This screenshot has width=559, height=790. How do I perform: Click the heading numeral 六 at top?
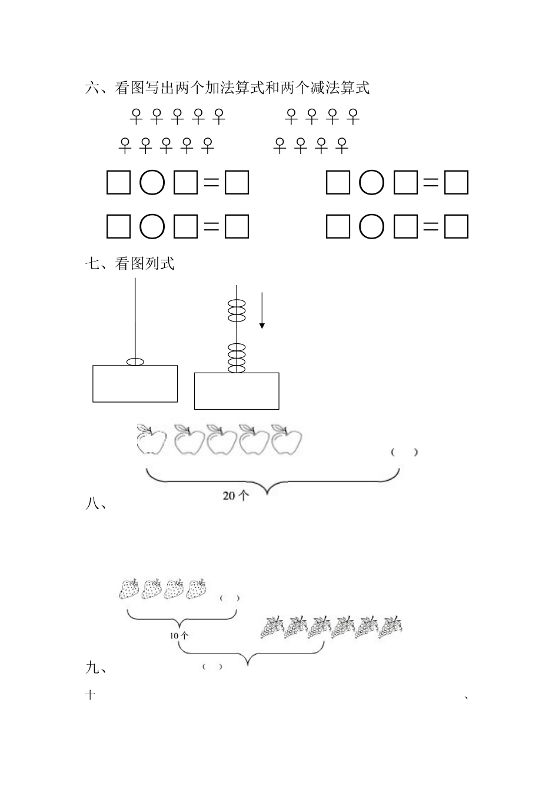pyautogui.click(x=92, y=88)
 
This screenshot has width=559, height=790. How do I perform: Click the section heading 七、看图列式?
pyautogui.click(x=130, y=263)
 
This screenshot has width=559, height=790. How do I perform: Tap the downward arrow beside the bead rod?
pyautogui.click(x=262, y=312)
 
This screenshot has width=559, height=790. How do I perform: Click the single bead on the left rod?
pyautogui.click(x=135, y=361)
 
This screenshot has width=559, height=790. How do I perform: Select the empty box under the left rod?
pyautogui.click(x=135, y=383)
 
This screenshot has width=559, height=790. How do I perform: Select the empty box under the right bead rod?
pyautogui.click(x=237, y=390)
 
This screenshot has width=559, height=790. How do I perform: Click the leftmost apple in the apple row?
pyautogui.click(x=151, y=439)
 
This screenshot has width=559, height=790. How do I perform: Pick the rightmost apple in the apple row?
pyautogui.click(x=287, y=439)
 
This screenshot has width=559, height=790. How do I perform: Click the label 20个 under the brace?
pyautogui.click(x=236, y=496)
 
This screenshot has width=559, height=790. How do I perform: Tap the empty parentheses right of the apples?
pyautogui.click(x=404, y=452)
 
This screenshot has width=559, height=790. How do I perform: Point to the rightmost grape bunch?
pyautogui.click(x=391, y=627)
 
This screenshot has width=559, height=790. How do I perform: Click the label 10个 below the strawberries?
pyautogui.click(x=179, y=635)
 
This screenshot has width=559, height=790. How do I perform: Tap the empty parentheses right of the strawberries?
pyautogui.click(x=229, y=598)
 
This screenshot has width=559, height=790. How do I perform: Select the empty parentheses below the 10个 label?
pyautogui.click(x=212, y=667)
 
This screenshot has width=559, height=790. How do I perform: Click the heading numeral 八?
pyautogui.click(x=92, y=504)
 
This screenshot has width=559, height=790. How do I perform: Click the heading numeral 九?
pyautogui.click(x=92, y=668)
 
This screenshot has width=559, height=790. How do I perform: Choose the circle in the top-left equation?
pyautogui.click(x=152, y=183)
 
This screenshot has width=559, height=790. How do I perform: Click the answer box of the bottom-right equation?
pyautogui.click(x=456, y=226)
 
